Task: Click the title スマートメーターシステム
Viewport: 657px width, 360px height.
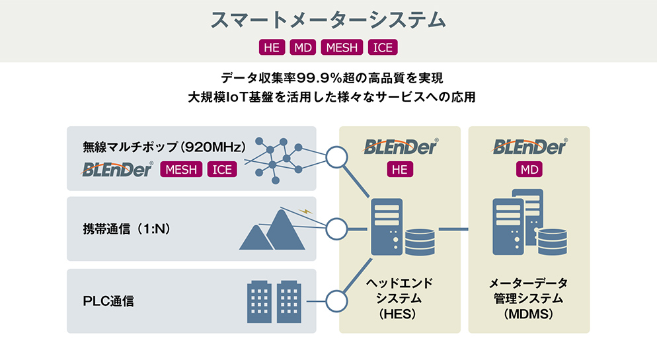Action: (x=328, y=19)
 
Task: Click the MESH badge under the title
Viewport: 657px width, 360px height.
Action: (x=342, y=48)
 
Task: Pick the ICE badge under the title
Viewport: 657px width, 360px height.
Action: (x=383, y=48)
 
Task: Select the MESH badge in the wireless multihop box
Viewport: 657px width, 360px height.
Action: (x=181, y=170)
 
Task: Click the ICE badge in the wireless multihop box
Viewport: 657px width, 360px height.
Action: (x=222, y=170)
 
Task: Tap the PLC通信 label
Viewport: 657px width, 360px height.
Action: (x=108, y=301)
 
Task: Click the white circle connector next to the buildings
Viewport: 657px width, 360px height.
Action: (x=337, y=301)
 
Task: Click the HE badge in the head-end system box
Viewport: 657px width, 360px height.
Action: (x=399, y=170)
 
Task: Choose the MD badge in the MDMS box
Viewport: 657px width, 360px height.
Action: (x=529, y=170)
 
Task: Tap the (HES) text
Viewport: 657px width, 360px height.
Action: (x=399, y=315)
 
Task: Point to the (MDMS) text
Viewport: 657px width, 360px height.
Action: (x=529, y=315)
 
